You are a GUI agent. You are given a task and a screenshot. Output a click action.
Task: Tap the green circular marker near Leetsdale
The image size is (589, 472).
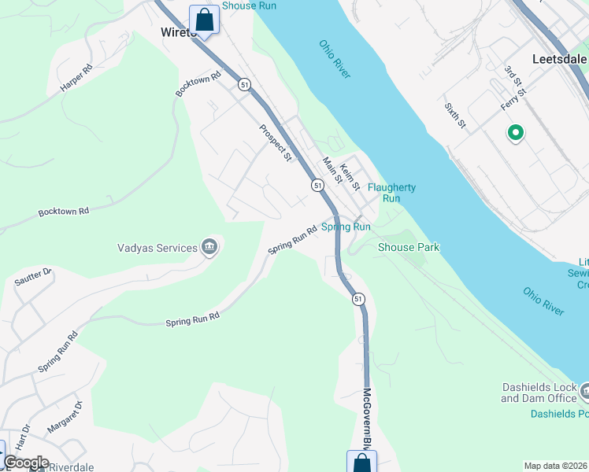(x=516, y=134)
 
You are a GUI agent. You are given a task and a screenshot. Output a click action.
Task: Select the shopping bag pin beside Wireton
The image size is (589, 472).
(x=204, y=20)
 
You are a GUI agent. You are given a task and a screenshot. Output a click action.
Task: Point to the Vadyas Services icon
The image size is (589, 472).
(x=210, y=248)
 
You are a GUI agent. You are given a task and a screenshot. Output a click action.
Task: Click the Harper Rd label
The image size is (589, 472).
(x=76, y=79)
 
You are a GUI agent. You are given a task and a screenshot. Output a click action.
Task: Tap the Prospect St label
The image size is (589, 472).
(x=276, y=142)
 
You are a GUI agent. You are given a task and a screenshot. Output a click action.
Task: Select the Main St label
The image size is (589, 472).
(x=332, y=170)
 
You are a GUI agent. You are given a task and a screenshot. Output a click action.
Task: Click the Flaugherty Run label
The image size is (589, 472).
(x=391, y=193)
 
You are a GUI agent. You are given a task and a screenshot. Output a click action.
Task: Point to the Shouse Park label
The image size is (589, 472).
(x=408, y=247)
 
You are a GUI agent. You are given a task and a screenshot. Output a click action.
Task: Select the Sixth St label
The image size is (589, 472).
(x=455, y=115)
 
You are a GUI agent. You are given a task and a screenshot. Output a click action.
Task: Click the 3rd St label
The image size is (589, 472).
(x=513, y=77)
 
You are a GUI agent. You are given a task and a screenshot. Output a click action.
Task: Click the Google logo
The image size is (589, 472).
(x=26, y=463)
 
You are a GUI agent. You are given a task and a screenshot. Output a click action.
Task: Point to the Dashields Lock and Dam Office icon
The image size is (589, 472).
(x=584, y=391)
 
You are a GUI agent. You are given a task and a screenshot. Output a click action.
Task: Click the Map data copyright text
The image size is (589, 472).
(x=555, y=466)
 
